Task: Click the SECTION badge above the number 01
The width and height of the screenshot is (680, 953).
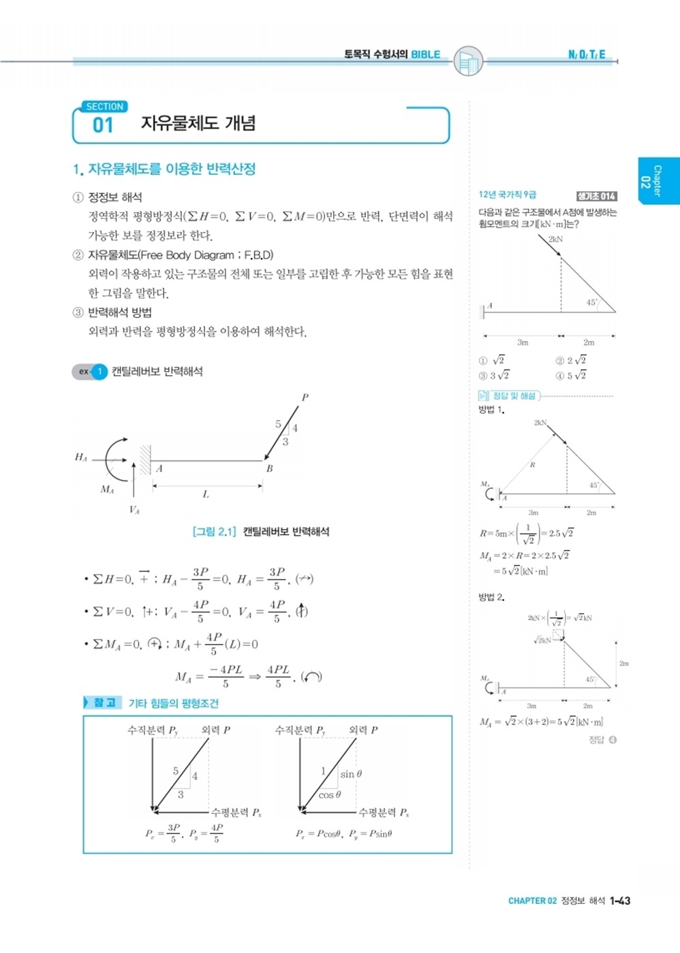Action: (x=104, y=107)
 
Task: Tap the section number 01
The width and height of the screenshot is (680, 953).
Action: (x=103, y=125)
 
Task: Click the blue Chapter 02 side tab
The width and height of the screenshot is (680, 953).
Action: (x=658, y=181)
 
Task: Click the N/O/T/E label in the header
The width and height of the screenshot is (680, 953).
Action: (x=587, y=54)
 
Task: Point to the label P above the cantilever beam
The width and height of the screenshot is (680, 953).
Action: (x=305, y=397)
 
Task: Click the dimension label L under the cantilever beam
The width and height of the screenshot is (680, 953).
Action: (x=206, y=494)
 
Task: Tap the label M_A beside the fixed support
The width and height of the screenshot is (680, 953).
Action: (x=107, y=489)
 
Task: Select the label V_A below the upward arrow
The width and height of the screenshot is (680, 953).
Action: (x=134, y=510)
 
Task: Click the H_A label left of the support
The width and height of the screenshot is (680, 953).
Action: (x=81, y=457)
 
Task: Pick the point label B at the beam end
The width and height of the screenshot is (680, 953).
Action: (x=269, y=468)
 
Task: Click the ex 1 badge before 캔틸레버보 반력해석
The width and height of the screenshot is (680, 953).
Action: (x=90, y=372)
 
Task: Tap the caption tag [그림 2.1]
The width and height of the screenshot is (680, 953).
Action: (x=214, y=532)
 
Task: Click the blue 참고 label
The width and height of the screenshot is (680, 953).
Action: (x=103, y=702)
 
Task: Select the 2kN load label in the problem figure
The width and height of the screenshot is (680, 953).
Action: (x=555, y=240)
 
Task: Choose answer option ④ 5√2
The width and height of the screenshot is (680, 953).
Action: (x=571, y=376)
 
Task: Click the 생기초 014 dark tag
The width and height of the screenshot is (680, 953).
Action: (x=596, y=196)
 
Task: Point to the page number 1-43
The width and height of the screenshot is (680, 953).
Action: (x=620, y=901)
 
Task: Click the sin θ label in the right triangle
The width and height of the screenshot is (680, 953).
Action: (x=351, y=774)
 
